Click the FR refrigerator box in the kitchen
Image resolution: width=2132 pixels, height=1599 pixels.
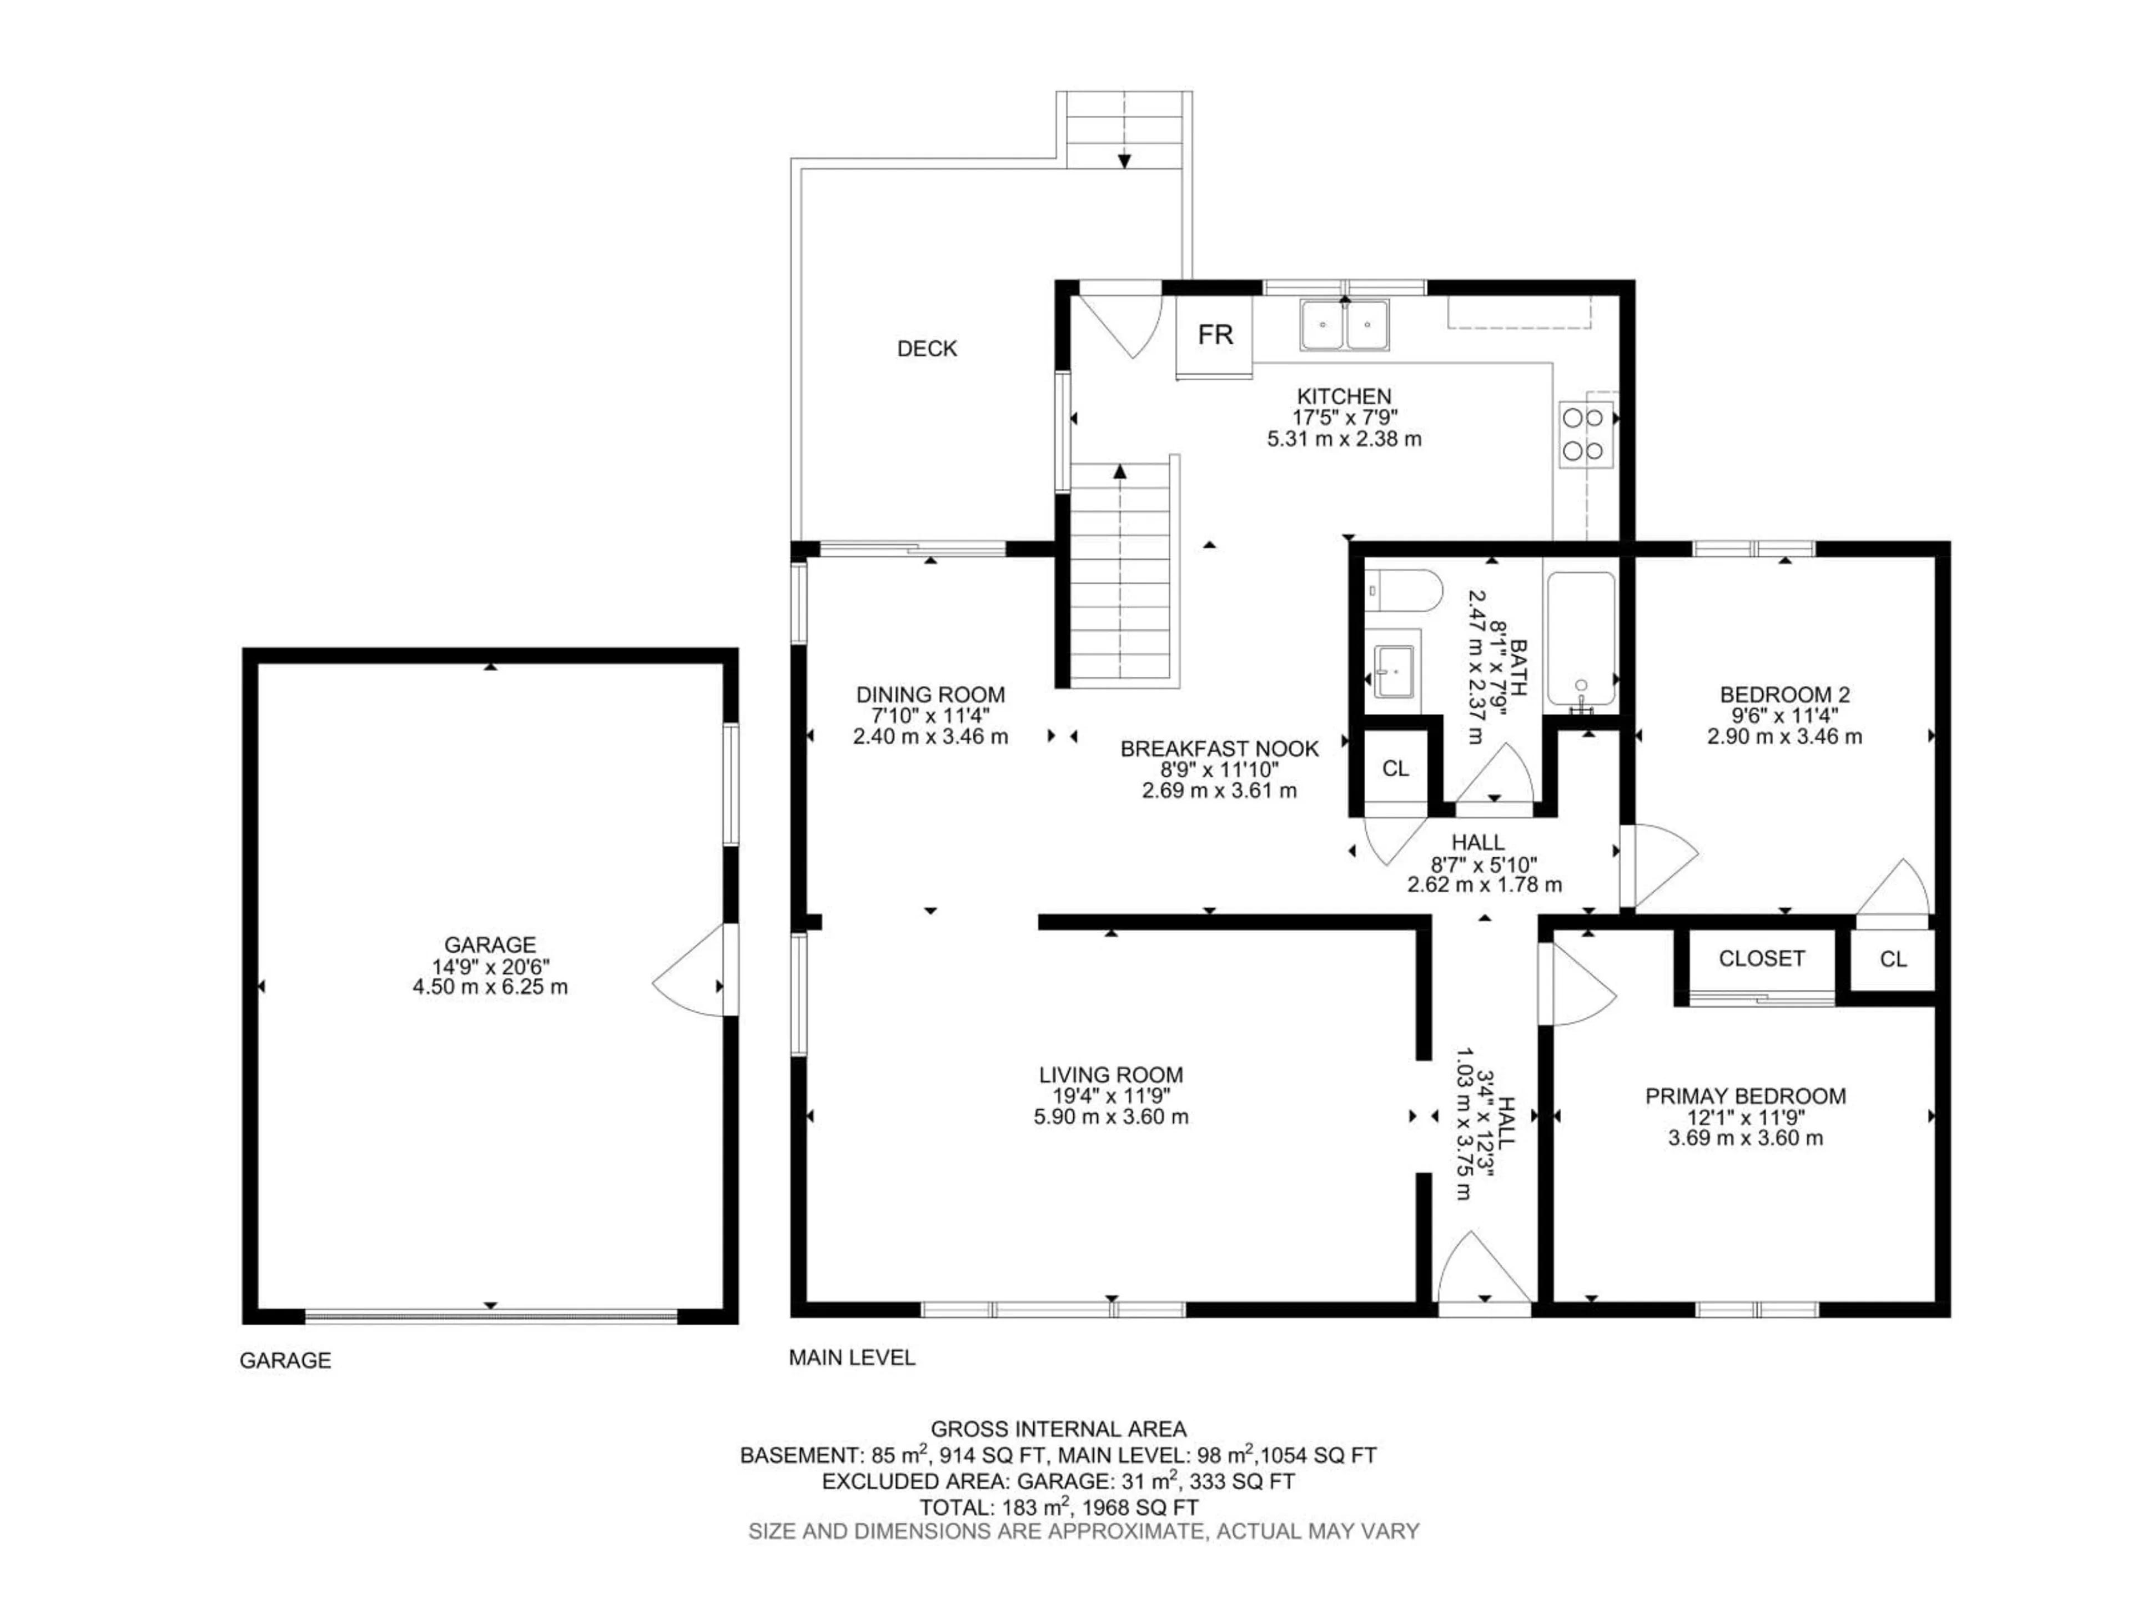1214,335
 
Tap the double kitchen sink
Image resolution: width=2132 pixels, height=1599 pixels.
1345,325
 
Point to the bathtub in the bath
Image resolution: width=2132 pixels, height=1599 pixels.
1581,638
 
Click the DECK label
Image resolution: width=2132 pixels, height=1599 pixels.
927,349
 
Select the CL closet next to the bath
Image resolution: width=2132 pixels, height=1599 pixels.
1395,768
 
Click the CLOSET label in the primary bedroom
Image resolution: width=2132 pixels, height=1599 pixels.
1762,958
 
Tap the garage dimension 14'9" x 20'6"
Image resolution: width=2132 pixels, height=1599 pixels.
490,966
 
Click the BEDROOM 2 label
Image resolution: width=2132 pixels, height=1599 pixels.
1784,694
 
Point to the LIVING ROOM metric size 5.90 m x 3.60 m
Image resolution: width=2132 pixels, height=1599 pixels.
1110,1117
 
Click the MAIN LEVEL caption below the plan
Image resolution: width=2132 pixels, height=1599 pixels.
852,1358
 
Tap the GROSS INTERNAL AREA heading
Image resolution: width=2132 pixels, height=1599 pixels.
1058,1429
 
